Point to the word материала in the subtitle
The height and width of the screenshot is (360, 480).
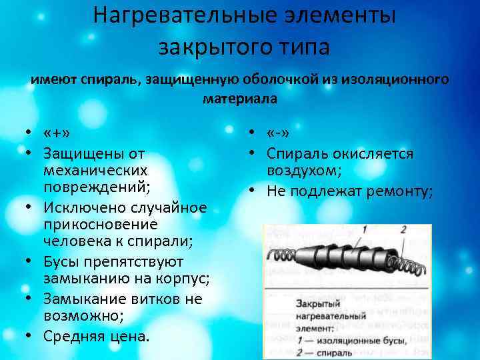[239, 99]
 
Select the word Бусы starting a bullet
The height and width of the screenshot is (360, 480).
[63, 261]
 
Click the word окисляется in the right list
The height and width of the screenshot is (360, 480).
[374, 153]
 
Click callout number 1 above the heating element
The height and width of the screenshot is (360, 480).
[365, 230]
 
